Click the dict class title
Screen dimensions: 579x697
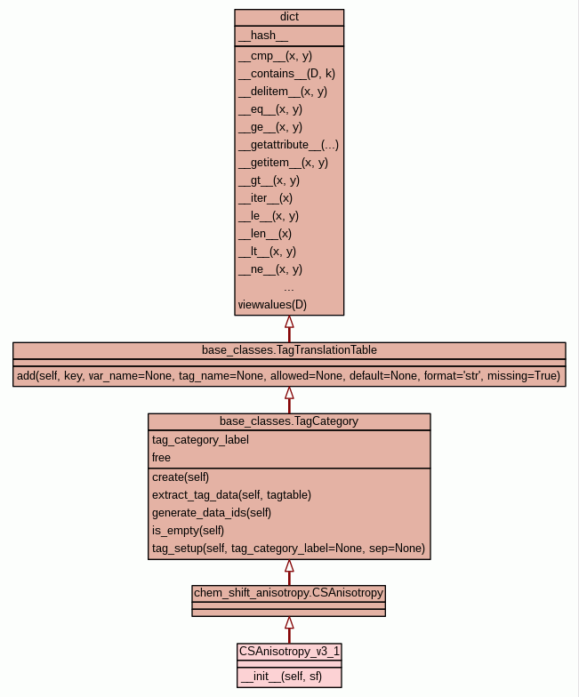(x=289, y=17)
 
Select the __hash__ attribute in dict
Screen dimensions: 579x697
(x=263, y=36)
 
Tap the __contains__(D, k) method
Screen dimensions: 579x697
(x=286, y=73)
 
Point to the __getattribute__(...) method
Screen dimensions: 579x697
(x=288, y=144)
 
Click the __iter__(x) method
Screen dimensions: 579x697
(x=265, y=197)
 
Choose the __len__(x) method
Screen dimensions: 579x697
(x=265, y=233)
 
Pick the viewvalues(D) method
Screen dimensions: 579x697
(x=272, y=304)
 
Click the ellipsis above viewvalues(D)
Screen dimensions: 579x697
(x=289, y=290)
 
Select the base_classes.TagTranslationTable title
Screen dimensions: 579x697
(x=289, y=350)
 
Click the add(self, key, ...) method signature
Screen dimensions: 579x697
(x=288, y=376)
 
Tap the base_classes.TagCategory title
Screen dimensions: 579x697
(x=289, y=421)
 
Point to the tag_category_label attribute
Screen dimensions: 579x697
(x=200, y=439)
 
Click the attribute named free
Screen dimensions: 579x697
(x=161, y=457)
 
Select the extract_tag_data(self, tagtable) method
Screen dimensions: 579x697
(x=231, y=494)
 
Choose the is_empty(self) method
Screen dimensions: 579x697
(x=188, y=530)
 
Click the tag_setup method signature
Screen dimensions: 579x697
(x=288, y=548)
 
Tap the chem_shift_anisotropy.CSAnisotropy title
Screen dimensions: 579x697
(x=288, y=593)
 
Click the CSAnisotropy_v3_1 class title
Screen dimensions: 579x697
(x=289, y=652)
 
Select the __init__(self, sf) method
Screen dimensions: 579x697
(x=279, y=677)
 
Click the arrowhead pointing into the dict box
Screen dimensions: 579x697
(x=289, y=322)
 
